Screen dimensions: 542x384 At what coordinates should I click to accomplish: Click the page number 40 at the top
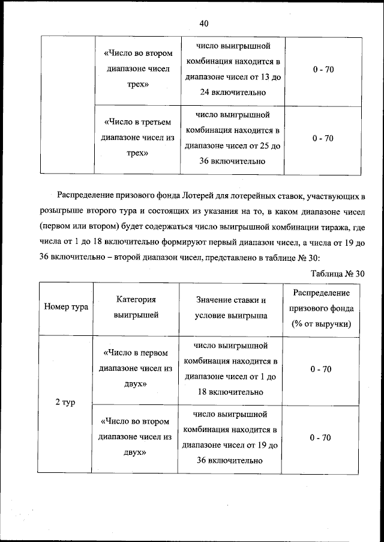pos(203,23)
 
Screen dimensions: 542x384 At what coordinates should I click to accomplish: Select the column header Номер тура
pos(66,307)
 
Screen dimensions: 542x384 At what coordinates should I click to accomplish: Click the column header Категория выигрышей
pos(136,307)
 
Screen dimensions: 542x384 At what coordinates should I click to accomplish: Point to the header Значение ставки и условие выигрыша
pos(231,307)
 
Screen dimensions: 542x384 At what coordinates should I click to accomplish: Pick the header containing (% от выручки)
pos(321,324)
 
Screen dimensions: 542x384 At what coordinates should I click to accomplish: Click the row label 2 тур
pos(65,402)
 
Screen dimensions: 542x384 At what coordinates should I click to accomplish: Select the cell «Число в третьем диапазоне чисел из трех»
pos(137,138)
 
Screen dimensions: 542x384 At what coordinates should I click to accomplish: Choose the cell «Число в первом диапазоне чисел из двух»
pos(136,368)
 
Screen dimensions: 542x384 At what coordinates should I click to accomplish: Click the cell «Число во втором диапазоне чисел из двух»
pos(136,437)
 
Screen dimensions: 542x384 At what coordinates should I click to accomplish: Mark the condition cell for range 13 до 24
pos(231,70)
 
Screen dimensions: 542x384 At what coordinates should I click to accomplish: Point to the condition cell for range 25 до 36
pos(231,138)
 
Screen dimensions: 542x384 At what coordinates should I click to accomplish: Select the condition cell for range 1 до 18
pos(231,368)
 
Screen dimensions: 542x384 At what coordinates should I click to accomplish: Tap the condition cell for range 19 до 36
pos(231,437)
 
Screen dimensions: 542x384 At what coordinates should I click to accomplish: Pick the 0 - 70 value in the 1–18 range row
pos(321,368)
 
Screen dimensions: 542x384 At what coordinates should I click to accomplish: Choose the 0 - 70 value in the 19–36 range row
pos(321,437)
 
